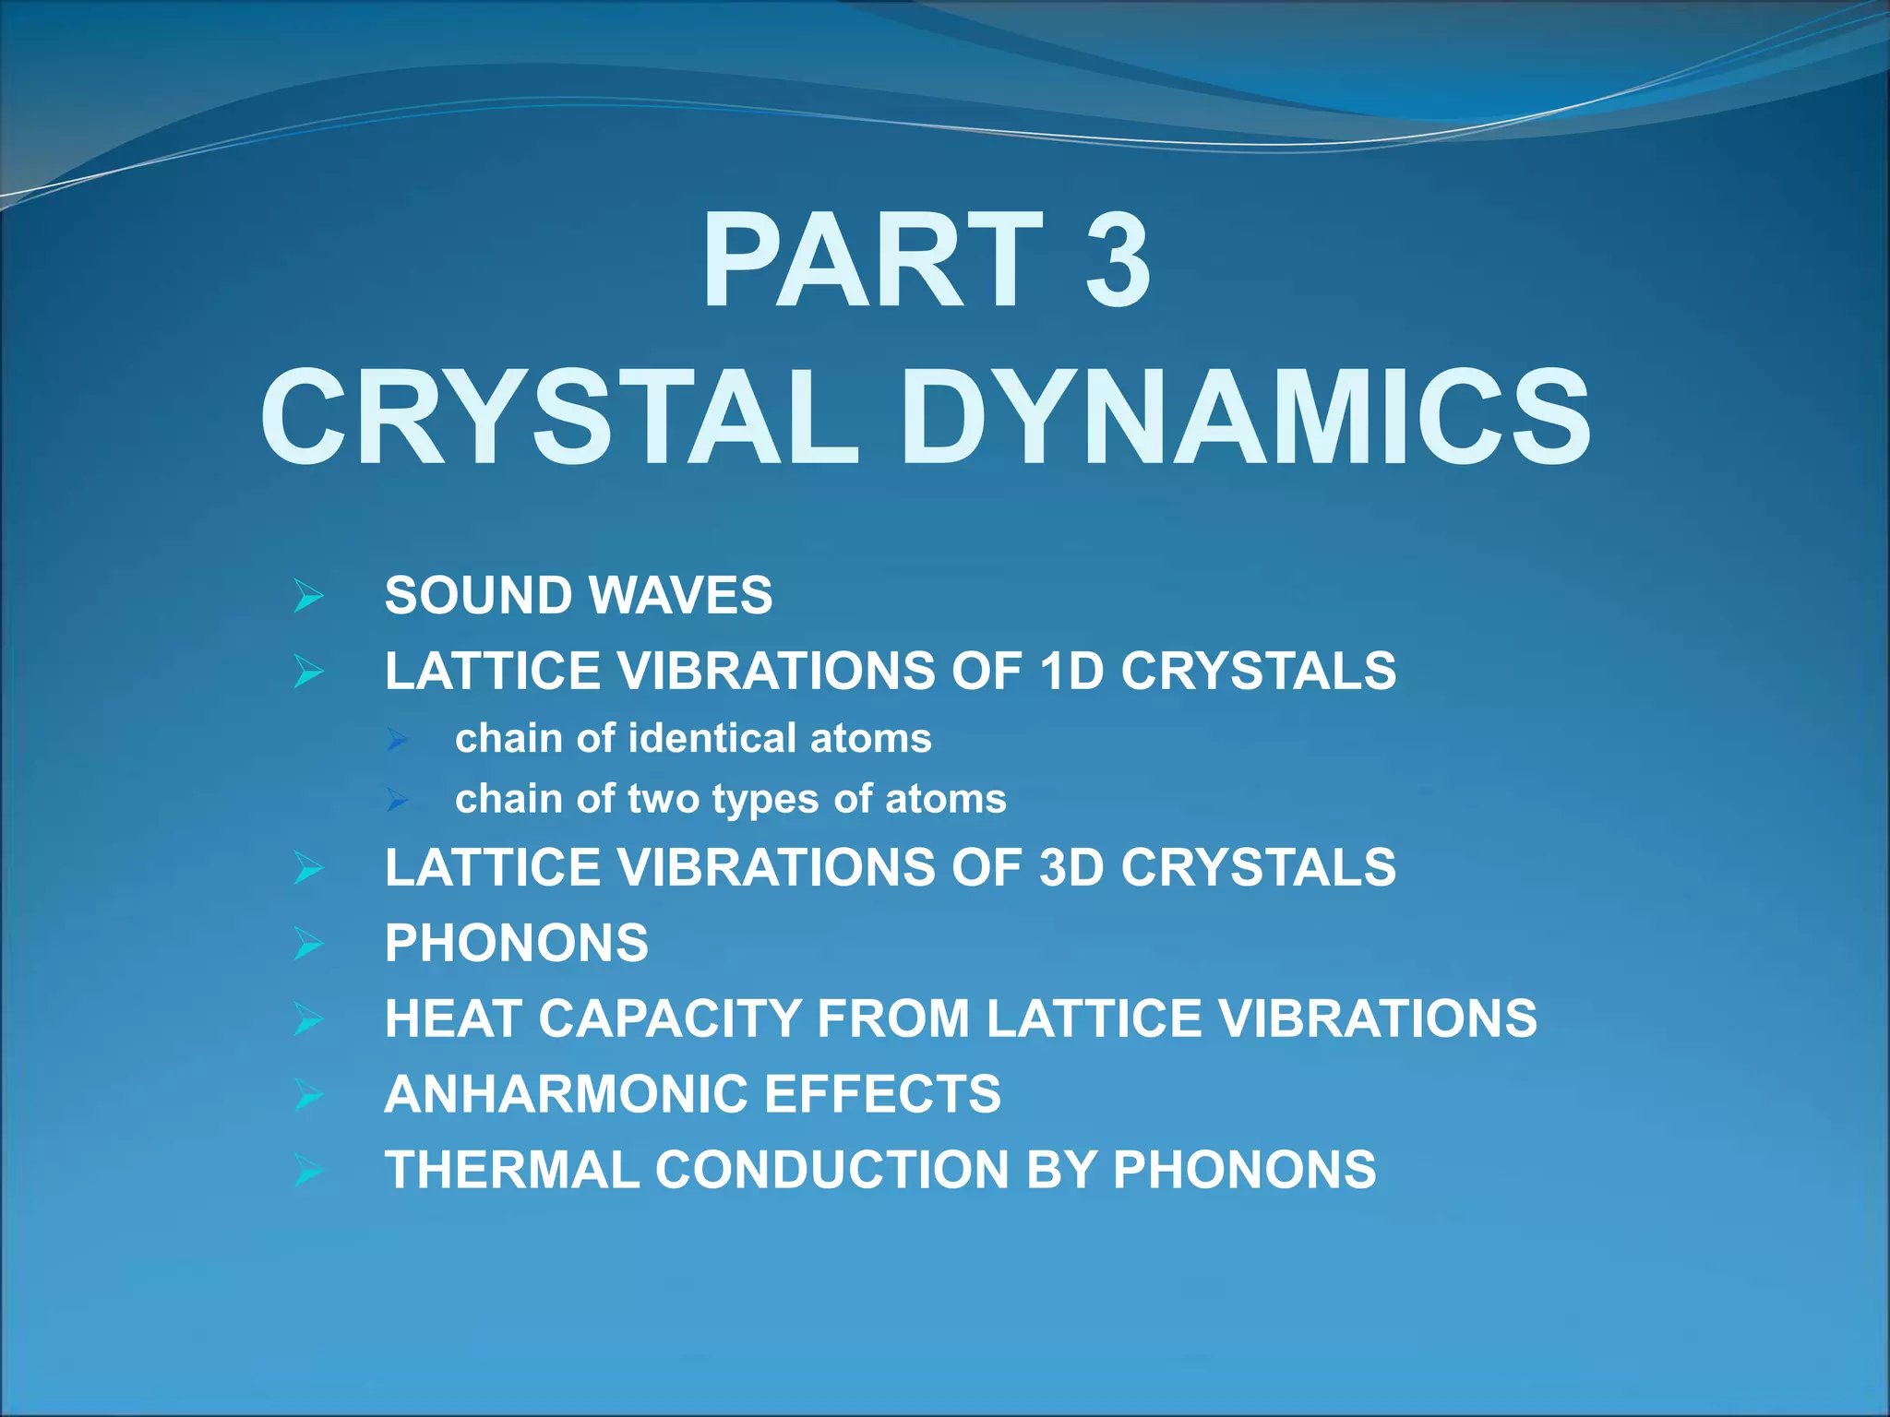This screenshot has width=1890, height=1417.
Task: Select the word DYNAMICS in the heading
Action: tap(1245, 417)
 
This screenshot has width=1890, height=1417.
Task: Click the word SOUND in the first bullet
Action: tap(479, 595)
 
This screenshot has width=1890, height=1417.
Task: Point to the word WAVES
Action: tap(681, 595)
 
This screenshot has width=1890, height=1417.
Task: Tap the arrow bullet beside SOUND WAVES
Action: tap(308, 596)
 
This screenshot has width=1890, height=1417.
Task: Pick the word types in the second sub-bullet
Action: tap(765, 799)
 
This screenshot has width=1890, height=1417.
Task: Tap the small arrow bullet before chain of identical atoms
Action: tap(398, 739)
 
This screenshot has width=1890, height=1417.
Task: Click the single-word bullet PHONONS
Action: tap(517, 943)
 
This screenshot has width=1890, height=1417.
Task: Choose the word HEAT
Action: tap(453, 1018)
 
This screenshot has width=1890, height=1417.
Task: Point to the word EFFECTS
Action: tap(882, 1094)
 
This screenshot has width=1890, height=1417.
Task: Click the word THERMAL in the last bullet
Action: tap(512, 1170)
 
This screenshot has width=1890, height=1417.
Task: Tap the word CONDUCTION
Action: tap(831, 1170)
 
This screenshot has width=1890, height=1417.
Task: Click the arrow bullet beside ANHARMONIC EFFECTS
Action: tap(308, 1095)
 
